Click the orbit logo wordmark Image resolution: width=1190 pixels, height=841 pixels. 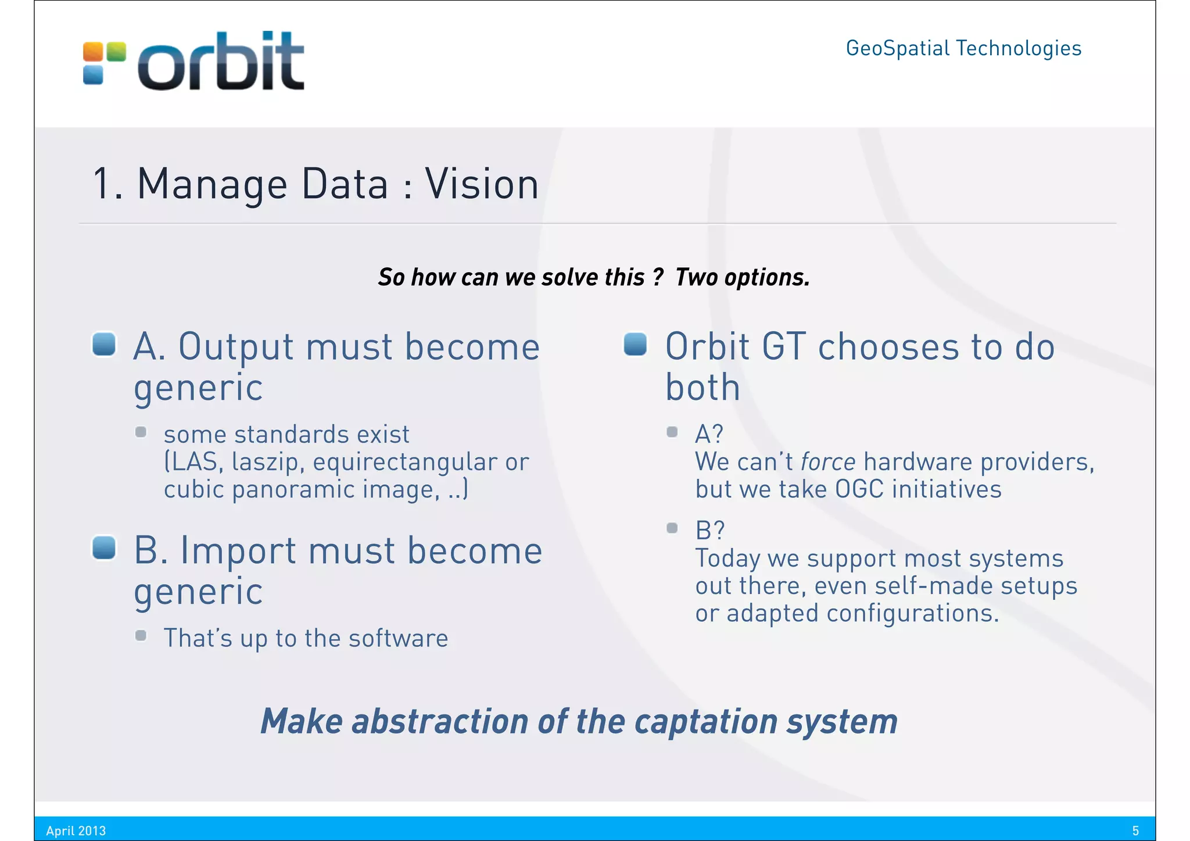221,62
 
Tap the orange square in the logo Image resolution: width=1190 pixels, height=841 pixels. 92,52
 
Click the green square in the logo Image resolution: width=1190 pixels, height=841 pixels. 116,52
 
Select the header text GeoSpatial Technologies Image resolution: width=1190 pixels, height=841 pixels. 963,48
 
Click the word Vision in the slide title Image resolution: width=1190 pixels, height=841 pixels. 482,184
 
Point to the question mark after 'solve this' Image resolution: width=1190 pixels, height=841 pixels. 657,277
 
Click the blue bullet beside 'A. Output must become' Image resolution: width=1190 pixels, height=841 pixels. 105,343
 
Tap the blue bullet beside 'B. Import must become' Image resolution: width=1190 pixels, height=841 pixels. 105,547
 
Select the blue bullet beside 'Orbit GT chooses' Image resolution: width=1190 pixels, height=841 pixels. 636,343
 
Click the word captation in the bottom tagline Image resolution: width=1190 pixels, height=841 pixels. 705,721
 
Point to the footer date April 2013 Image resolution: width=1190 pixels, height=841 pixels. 76,831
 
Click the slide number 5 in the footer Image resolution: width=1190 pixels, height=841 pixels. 1135,831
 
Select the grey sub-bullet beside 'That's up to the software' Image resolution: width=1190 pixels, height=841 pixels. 141,635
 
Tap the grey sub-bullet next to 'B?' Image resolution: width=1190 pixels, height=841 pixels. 672,528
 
